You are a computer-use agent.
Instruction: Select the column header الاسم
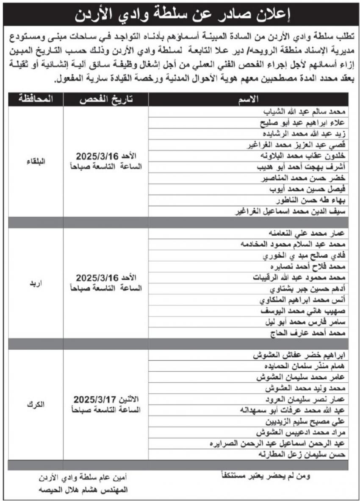[249, 99]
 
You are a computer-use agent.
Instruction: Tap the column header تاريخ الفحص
[105, 99]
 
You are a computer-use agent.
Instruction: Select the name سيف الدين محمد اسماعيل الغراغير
[292, 212]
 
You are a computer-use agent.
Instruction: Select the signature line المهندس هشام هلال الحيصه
[82, 489]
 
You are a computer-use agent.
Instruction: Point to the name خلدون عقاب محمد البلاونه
[303, 156]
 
